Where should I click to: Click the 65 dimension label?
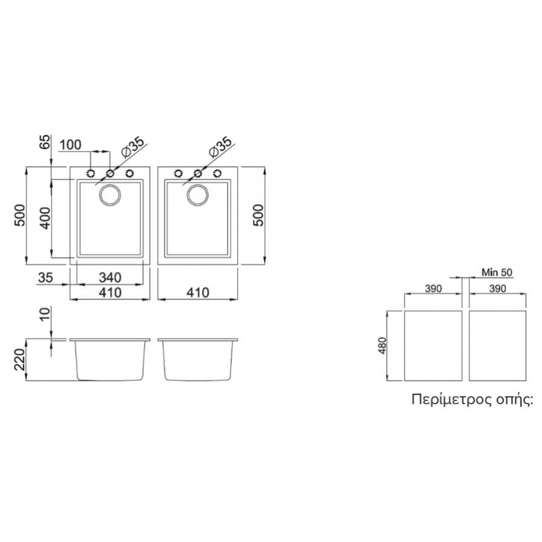pyautogui.click(x=46, y=142)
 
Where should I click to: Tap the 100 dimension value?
pyautogui.click(x=70, y=145)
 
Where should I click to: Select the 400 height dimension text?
pyautogui.click(x=45, y=218)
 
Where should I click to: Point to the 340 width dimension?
pyautogui.click(x=110, y=277)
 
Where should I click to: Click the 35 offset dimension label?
pyautogui.click(x=45, y=277)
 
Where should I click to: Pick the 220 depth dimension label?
pyautogui.click(x=20, y=360)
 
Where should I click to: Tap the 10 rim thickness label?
pyautogui.click(x=45, y=314)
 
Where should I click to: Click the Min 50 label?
pyautogui.click(x=497, y=272)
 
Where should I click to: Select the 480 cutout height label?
pyautogui.click(x=382, y=345)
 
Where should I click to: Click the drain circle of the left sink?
pyautogui.click(x=110, y=195)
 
